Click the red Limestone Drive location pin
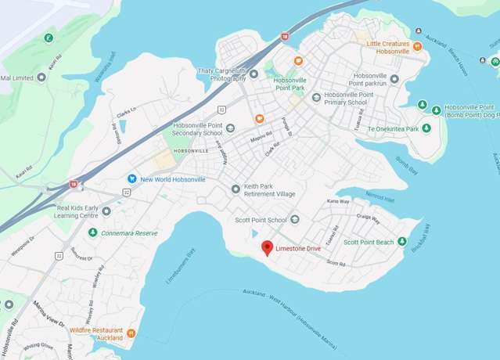point(267,248)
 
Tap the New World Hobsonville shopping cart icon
point(132,179)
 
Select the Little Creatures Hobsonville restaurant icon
point(418,46)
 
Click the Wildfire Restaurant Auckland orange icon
point(131,333)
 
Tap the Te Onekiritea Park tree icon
point(426,128)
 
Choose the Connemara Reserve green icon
point(92,232)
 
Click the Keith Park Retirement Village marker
point(236,189)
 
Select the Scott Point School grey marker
point(295,220)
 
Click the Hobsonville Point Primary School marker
point(316,98)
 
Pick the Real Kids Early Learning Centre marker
point(106,211)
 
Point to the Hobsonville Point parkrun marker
point(394,78)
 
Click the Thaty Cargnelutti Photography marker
point(253,74)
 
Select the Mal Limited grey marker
point(41,77)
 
